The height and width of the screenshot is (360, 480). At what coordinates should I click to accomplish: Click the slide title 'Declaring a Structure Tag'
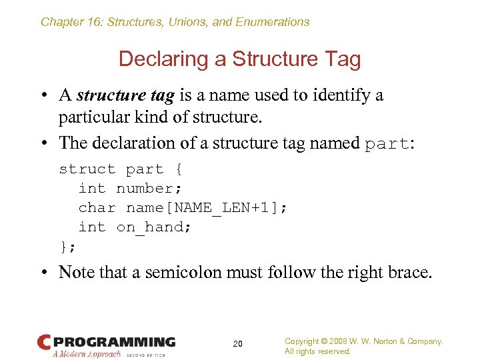point(239,59)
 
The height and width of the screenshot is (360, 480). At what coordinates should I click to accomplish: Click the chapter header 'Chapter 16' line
point(175,22)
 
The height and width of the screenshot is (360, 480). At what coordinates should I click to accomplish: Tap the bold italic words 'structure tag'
point(125,95)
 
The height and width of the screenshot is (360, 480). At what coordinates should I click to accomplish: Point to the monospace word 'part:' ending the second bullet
point(389,143)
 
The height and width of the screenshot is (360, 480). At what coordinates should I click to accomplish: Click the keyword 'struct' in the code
point(87,169)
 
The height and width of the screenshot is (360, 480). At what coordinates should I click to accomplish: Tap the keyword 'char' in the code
point(97,208)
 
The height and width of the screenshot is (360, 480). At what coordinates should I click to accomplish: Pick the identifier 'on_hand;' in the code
point(154,227)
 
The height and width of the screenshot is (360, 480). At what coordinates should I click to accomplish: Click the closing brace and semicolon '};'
point(68,247)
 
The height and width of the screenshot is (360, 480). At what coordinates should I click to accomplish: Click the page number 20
point(238,344)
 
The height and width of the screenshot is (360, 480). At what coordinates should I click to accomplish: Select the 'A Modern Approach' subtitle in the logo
point(87,354)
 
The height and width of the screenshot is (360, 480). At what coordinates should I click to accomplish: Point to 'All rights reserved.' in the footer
point(317,351)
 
